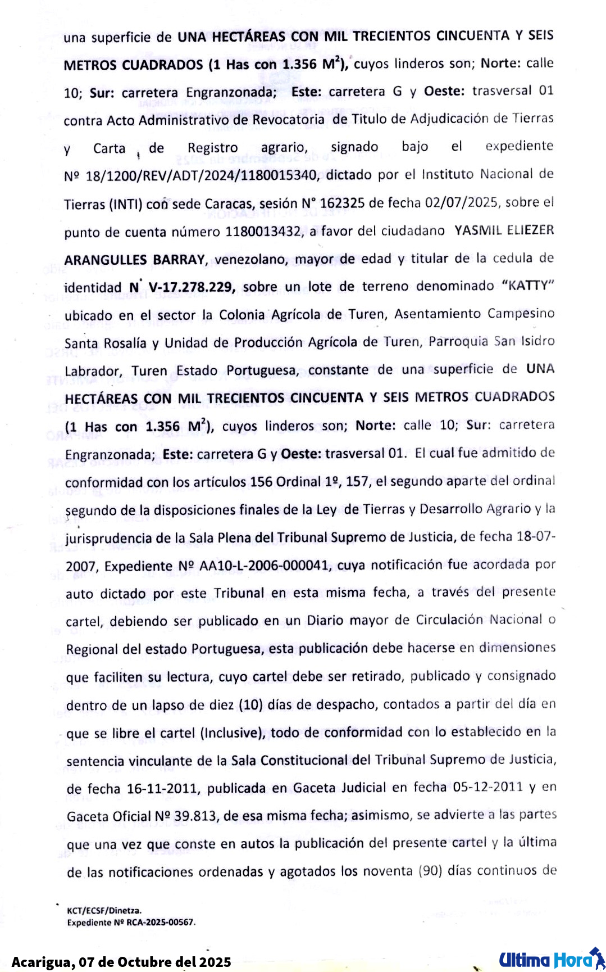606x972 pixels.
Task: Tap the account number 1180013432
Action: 263,232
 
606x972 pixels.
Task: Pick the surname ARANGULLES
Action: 106,260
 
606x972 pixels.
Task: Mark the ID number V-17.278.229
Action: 191,287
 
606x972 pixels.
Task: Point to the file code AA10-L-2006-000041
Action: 264,566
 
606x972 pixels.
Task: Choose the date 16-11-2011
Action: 162,789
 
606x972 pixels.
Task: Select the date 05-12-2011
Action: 487,786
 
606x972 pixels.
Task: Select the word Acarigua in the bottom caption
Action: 42,962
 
